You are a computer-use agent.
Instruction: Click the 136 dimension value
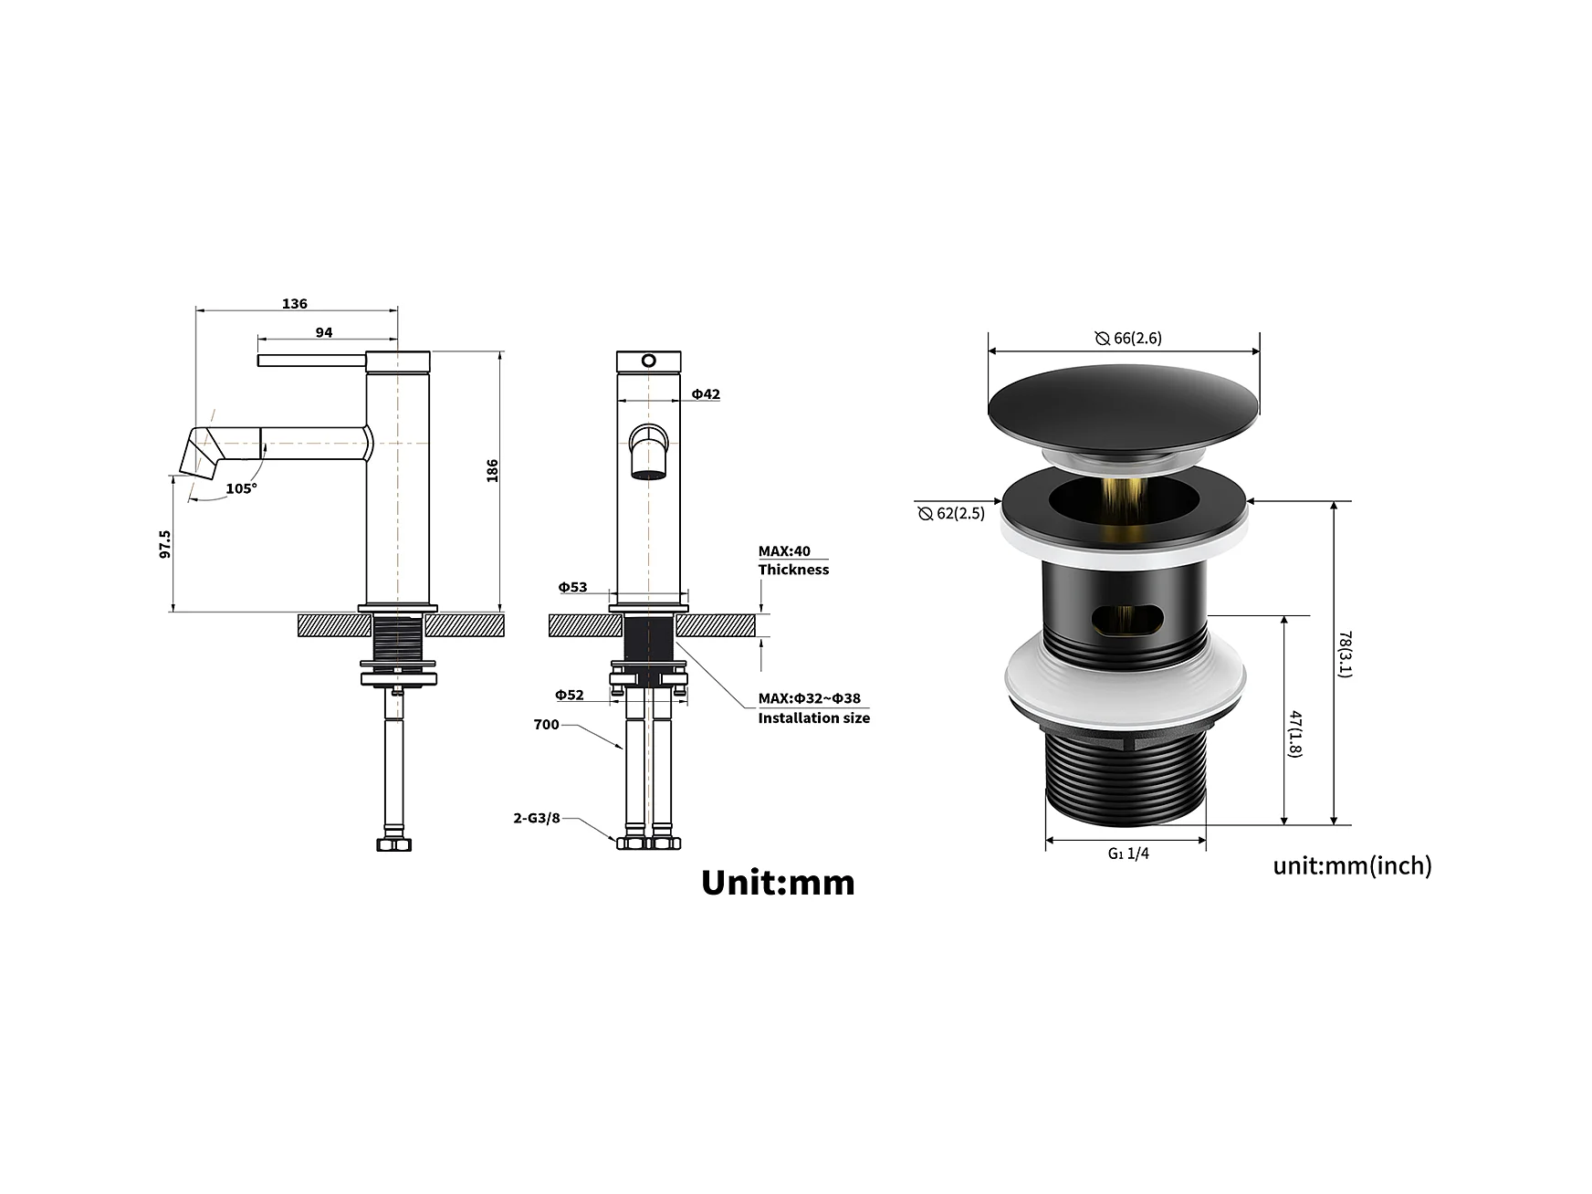[x=295, y=303]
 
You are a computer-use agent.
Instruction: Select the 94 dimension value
[x=324, y=332]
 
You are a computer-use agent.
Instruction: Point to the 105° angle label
[x=242, y=488]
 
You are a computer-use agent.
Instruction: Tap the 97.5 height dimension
[x=165, y=544]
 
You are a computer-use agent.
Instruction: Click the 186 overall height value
[x=493, y=470]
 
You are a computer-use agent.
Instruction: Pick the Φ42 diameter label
[x=706, y=394]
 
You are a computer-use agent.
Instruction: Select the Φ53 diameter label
[x=573, y=587]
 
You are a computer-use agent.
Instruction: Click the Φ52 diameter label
[x=570, y=695]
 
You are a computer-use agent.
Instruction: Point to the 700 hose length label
[x=546, y=725]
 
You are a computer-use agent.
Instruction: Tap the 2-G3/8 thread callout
[x=537, y=818]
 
